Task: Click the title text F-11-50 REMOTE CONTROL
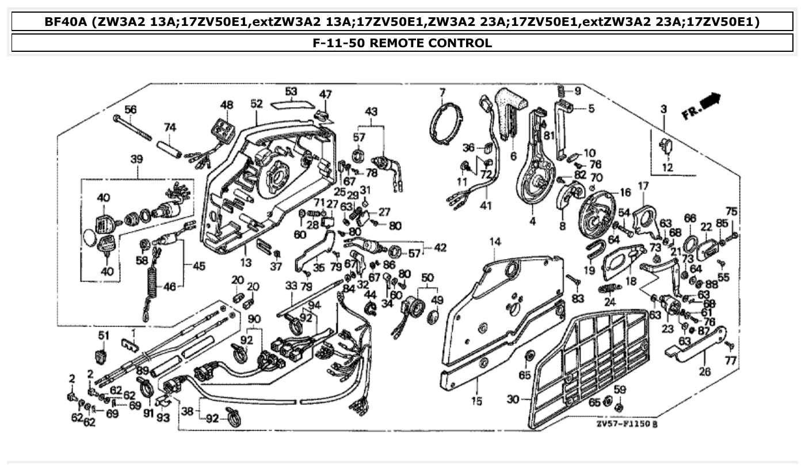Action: coord(402,43)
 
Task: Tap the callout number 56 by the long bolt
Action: coord(131,109)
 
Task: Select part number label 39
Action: coord(136,159)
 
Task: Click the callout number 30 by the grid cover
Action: coord(513,399)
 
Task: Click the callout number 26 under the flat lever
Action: coord(704,372)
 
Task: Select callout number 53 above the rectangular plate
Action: coord(291,92)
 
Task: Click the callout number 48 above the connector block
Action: coord(227,105)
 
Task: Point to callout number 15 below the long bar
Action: coord(477,401)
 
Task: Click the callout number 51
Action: coord(103,336)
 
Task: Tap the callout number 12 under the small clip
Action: coord(666,168)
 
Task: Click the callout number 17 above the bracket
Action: coord(642,186)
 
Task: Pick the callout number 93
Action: coord(163,418)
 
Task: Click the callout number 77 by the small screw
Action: coord(730,361)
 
